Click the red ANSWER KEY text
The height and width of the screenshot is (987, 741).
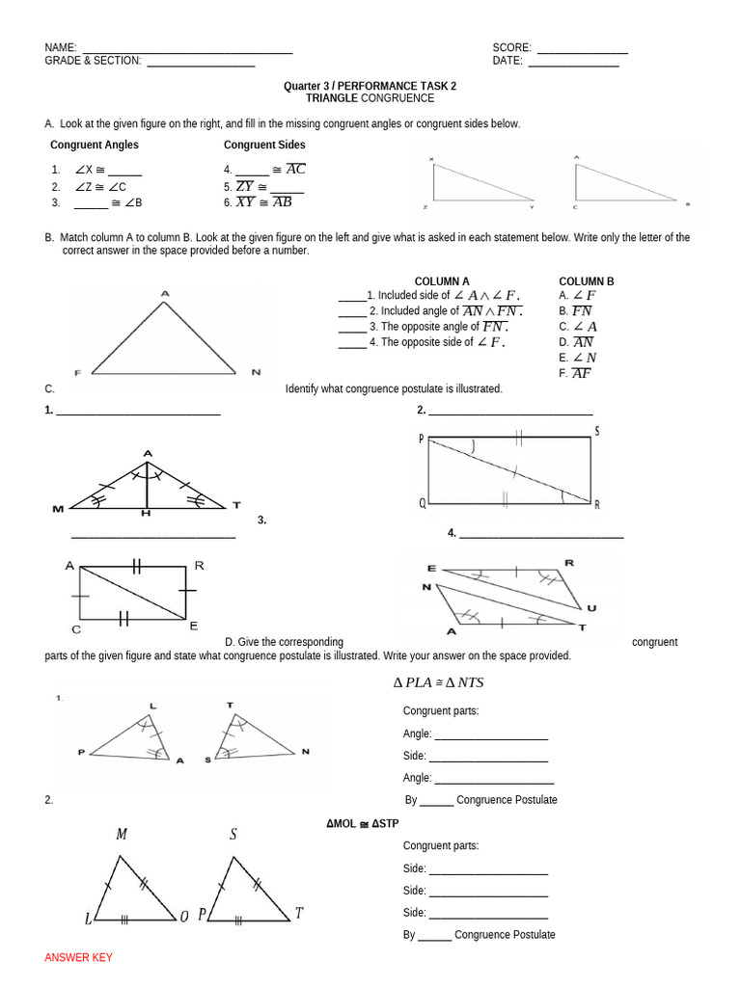pyautogui.click(x=78, y=957)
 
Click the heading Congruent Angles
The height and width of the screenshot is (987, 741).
pyautogui.click(x=95, y=145)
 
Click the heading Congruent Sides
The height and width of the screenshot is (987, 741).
pyautogui.click(x=264, y=145)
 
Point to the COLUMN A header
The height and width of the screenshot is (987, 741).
pyautogui.click(x=442, y=281)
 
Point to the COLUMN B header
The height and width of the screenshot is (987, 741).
pyautogui.click(x=587, y=281)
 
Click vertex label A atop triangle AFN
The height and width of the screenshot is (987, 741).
pyautogui.click(x=165, y=293)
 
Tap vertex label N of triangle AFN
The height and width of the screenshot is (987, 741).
pyautogui.click(x=256, y=372)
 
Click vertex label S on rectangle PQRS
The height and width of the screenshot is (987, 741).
pyautogui.click(x=597, y=431)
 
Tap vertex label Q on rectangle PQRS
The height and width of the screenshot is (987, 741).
pyautogui.click(x=422, y=502)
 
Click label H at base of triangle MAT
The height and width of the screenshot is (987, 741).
pyautogui.click(x=147, y=514)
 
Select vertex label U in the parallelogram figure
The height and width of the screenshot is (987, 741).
pyautogui.click(x=590, y=607)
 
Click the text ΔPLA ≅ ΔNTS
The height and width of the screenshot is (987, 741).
pyautogui.click(x=438, y=682)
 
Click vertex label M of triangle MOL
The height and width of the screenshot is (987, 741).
pyautogui.click(x=122, y=835)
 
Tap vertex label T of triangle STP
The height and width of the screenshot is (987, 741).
pyautogui.click(x=299, y=914)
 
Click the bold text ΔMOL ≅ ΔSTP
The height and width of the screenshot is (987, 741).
pyautogui.click(x=362, y=824)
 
